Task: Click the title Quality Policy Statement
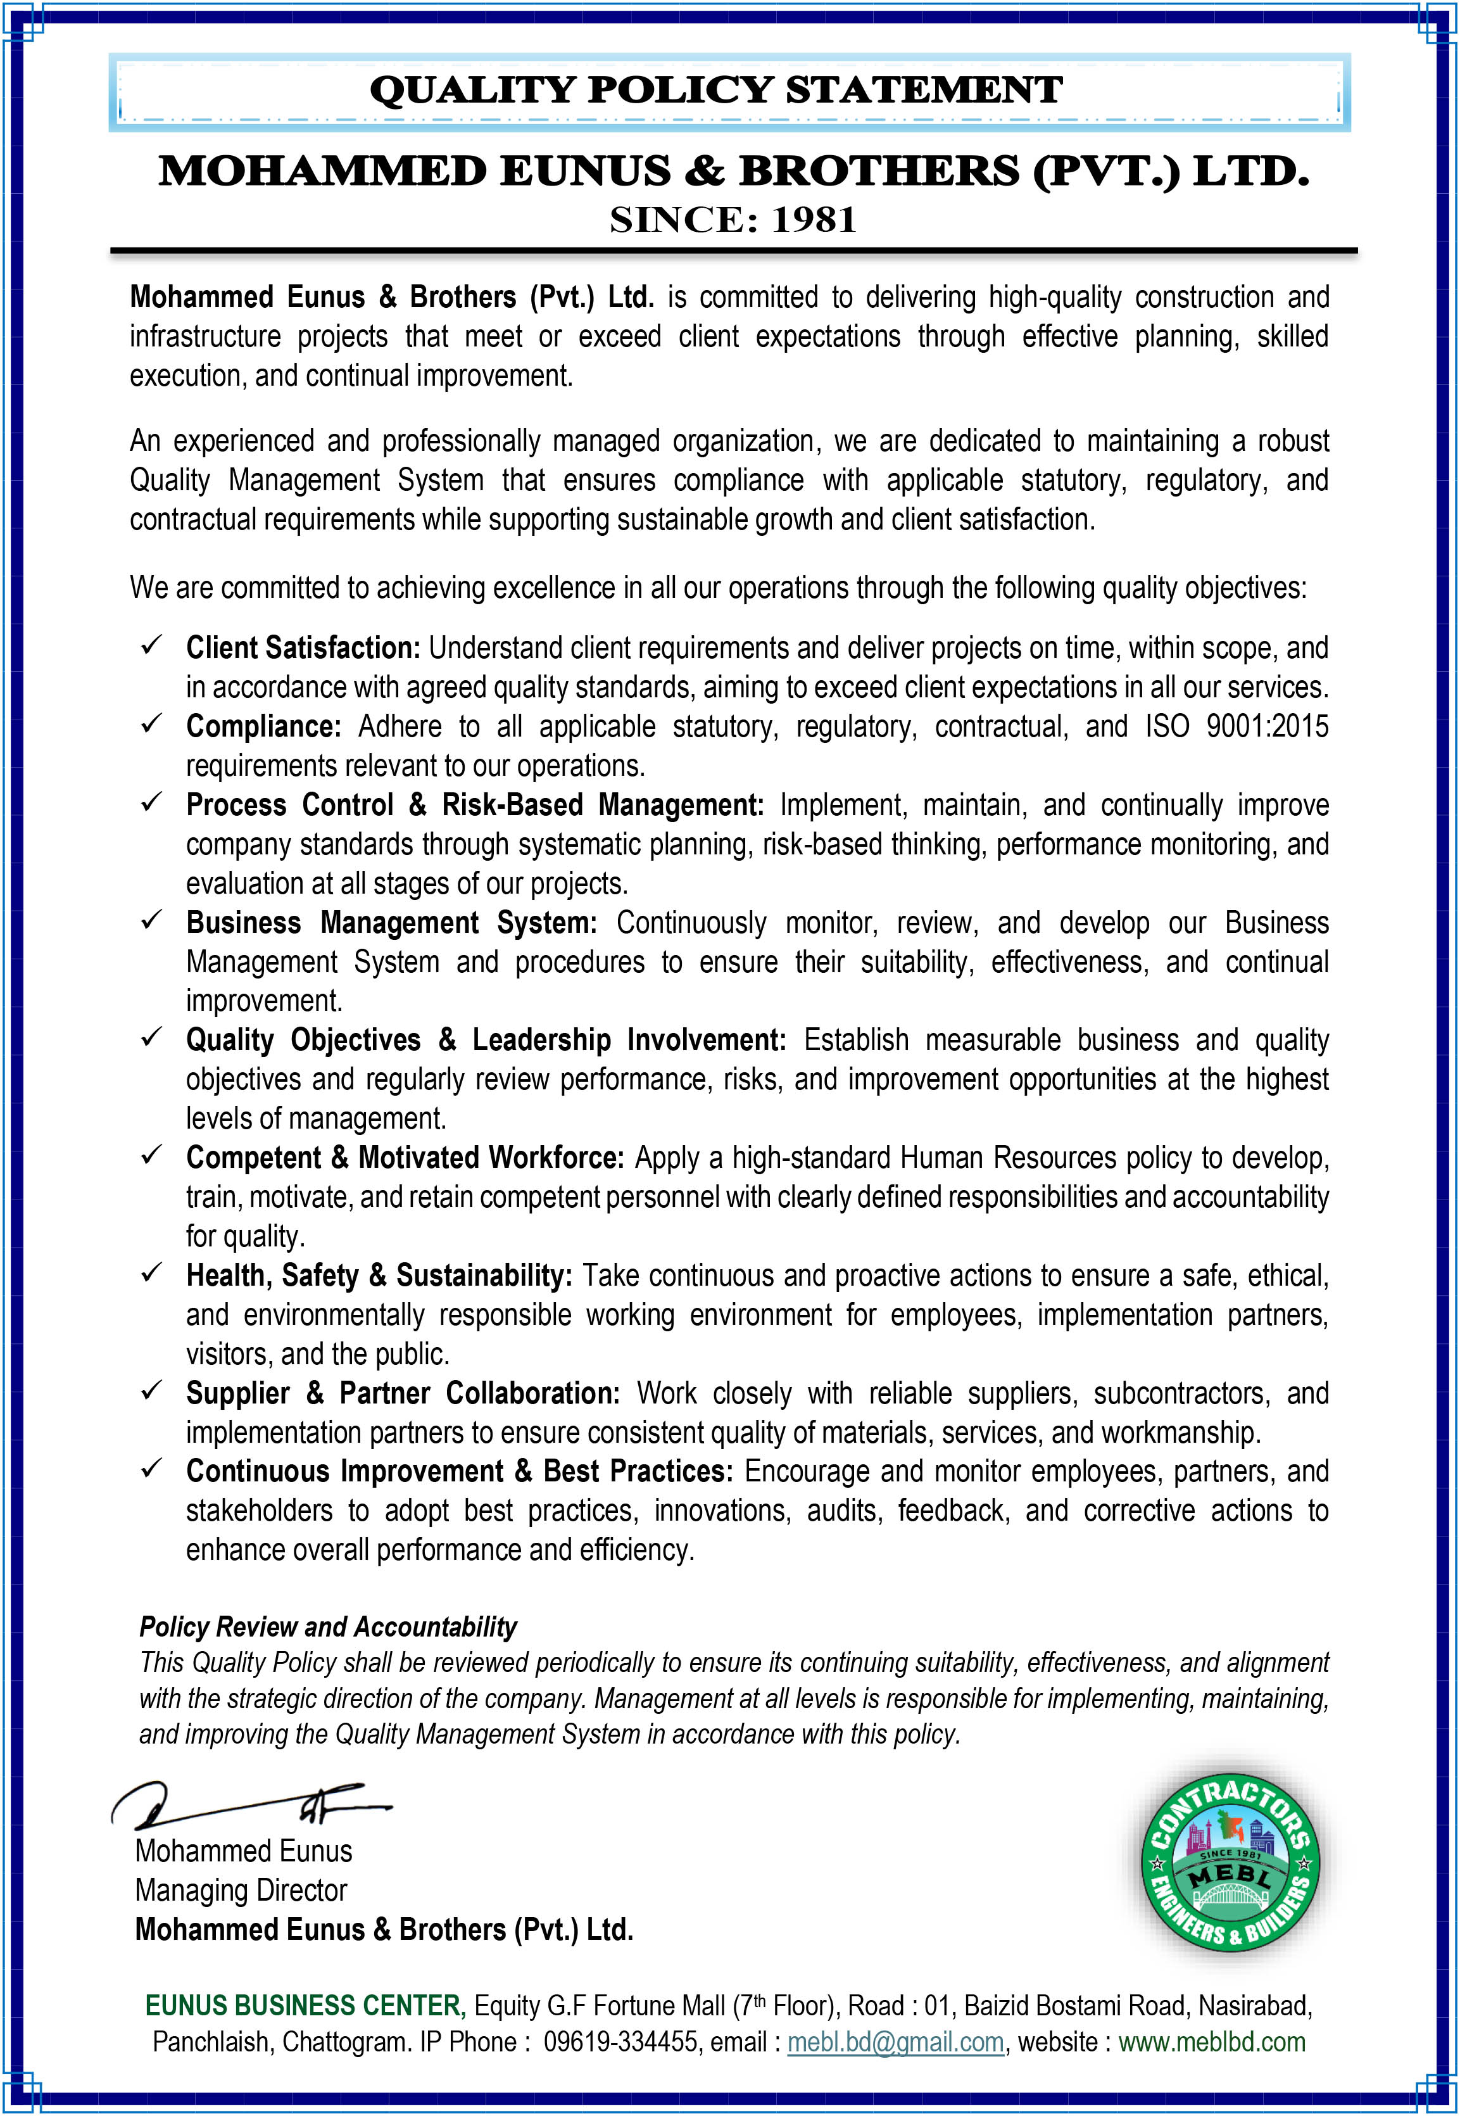pos(715,91)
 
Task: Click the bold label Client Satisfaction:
pos(303,648)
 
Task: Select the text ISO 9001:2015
pos(1236,726)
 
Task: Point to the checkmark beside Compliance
pos(151,725)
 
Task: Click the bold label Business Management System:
pos(391,923)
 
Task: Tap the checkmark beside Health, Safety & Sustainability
pos(151,1274)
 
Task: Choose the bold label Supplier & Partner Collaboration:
pos(403,1393)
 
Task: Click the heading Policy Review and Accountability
pos(327,1626)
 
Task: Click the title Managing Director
pos(241,1890)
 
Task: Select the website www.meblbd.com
pos(1211,2042)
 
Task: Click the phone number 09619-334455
pos(620,2042)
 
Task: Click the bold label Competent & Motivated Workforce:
pos(405,1158)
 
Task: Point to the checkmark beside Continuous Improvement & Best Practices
pos(151,1469)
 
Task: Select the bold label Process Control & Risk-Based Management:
pos(475,805)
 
